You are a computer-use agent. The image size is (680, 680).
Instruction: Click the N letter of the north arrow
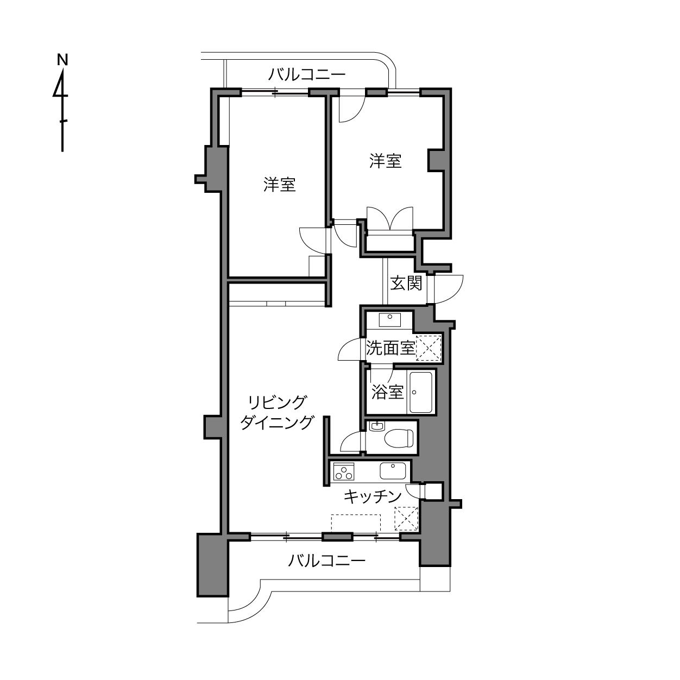[x=62, y=60]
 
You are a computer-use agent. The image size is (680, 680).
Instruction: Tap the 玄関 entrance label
[x=406, y=283]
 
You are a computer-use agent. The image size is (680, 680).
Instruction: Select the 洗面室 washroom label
[x=391, y=348]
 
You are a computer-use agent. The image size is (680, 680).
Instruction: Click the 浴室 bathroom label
[x=387, y=392]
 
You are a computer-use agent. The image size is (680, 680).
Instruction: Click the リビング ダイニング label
[x=276, y=412]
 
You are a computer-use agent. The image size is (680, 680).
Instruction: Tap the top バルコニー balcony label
[x=307, y=74]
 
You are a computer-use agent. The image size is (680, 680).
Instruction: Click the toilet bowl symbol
[x=399, y=438]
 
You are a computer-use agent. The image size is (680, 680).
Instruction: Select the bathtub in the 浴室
[x=420, y=392]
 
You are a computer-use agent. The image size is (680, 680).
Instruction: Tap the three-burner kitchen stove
[x=344, y=471]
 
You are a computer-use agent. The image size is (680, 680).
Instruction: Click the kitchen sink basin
[x=393, y=471]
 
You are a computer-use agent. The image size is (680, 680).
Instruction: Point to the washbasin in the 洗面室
[x=389, y=320]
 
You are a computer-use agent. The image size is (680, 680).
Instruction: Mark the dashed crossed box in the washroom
[x=429, y=348]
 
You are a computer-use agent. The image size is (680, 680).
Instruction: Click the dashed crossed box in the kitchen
[x=406, y=519]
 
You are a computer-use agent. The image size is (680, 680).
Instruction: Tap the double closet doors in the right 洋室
[x=390, y=218]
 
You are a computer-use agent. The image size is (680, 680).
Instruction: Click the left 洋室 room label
[x=280, y=185]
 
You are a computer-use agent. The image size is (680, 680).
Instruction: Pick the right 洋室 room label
[x=385, y=161]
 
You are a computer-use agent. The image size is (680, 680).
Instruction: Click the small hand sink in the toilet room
[x=376, y=426]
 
